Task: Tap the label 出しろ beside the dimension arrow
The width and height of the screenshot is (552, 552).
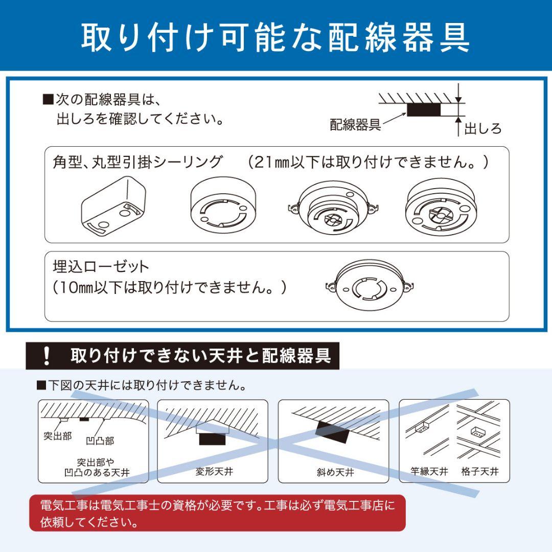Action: (482, 128)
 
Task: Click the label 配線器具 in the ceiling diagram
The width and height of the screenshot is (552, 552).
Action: (355, 124)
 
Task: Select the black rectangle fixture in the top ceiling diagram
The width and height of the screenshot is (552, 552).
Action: (423, 109)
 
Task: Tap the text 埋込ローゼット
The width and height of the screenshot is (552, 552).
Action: (101, 266)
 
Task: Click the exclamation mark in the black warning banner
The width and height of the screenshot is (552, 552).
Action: (47, 355)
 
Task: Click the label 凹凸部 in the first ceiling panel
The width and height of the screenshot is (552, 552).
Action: (100, 440)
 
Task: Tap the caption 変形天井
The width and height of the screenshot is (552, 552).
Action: (214, 471)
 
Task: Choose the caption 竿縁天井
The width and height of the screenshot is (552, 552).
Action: (429, 471)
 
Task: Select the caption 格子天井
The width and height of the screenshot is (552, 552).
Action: (479, 471)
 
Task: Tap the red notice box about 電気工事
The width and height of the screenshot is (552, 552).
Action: (217, 513)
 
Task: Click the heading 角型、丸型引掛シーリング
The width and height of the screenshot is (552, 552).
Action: (138, 162)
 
